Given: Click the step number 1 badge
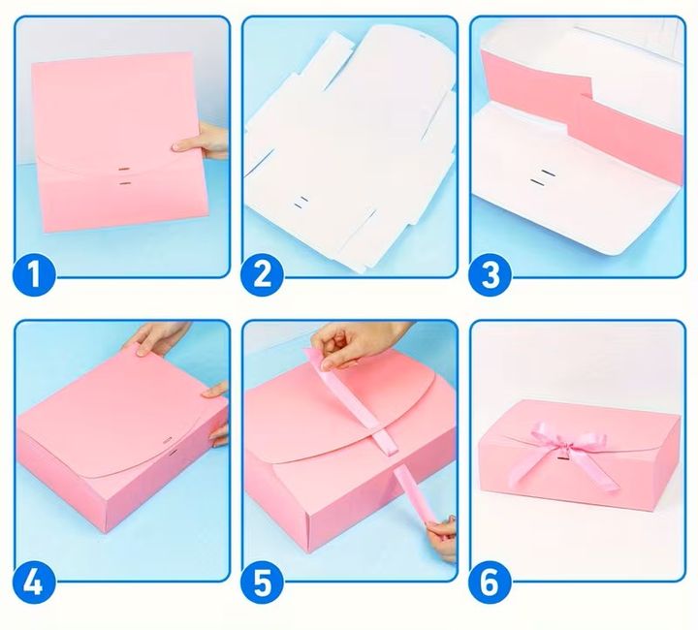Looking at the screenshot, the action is click(34, 273).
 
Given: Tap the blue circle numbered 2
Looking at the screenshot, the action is click(262, 273).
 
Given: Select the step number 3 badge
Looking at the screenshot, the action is click(491, 273).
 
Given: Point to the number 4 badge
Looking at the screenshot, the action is click(34, 581).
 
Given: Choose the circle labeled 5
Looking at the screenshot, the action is click(262, 581).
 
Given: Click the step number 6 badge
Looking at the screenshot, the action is click(491, 581).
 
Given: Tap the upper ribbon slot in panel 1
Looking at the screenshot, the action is click(124, 170).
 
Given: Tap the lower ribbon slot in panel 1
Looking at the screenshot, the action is click(125, 183).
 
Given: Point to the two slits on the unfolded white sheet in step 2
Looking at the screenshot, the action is click(301, 202).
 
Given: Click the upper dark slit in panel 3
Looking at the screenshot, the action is click(549, 173).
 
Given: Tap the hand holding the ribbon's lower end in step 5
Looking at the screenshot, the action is click(442, 538).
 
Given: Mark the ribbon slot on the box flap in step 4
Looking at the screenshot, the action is click(169, 442).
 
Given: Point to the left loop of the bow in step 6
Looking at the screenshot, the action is click(542, 434).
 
